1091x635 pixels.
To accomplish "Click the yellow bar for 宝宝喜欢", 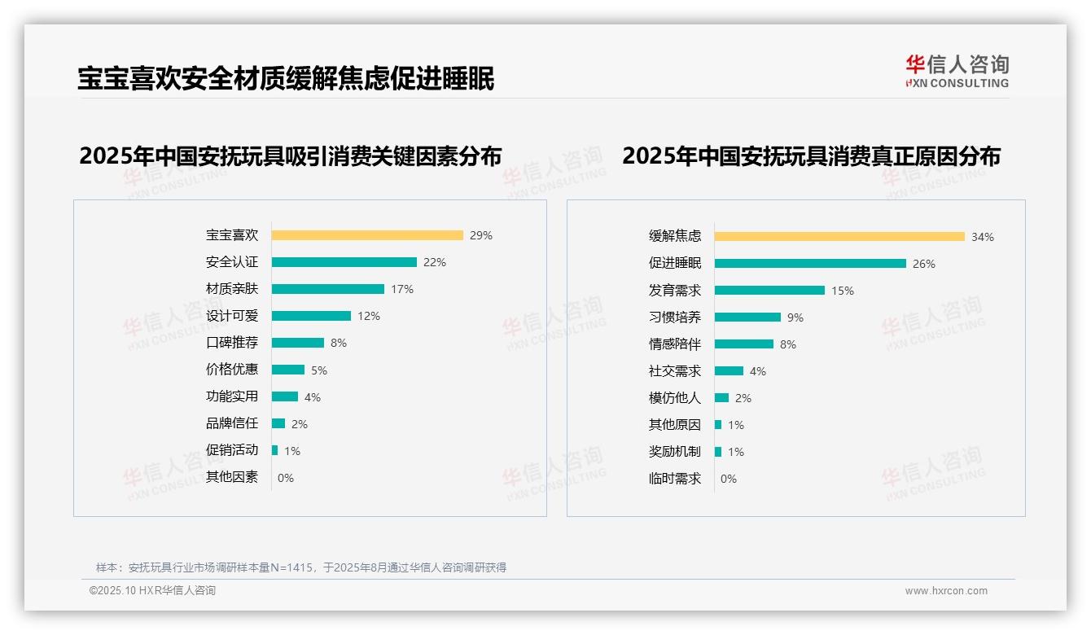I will click(x=367, y=235).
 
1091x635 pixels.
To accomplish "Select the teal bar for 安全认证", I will click(x=344, y=262).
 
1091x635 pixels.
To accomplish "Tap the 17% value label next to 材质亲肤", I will click(x=402, y=289).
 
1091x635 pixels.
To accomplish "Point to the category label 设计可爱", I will click(x=232, y=316).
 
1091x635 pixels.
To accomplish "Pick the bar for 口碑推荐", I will click(x=298, y=343).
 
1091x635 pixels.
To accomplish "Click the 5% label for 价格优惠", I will click(x=318, y=370).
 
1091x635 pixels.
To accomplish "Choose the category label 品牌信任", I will click(x=232, y=423).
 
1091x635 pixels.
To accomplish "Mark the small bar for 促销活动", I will click(x=275, y=450).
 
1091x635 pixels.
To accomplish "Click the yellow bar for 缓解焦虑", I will click(x=839, y=237).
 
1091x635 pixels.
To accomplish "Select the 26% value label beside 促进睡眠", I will click(x=924, y=264).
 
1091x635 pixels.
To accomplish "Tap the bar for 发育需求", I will click(x=769, y=291).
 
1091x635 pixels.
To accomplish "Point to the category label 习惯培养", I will click(x=675, y=317).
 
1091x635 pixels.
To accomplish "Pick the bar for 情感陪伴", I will click(x=744, y=344).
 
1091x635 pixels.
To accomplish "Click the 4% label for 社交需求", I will click(x=757, y=371).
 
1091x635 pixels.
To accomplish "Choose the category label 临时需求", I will click(x=675, y=479).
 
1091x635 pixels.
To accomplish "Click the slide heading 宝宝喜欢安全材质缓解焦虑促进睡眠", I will click(x=286, y=79).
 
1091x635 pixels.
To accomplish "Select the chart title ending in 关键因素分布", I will click(x=291, y=155).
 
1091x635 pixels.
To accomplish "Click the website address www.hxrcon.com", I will click(x=946, y=591).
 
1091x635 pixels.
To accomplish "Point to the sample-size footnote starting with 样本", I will click(x=301, y=567).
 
